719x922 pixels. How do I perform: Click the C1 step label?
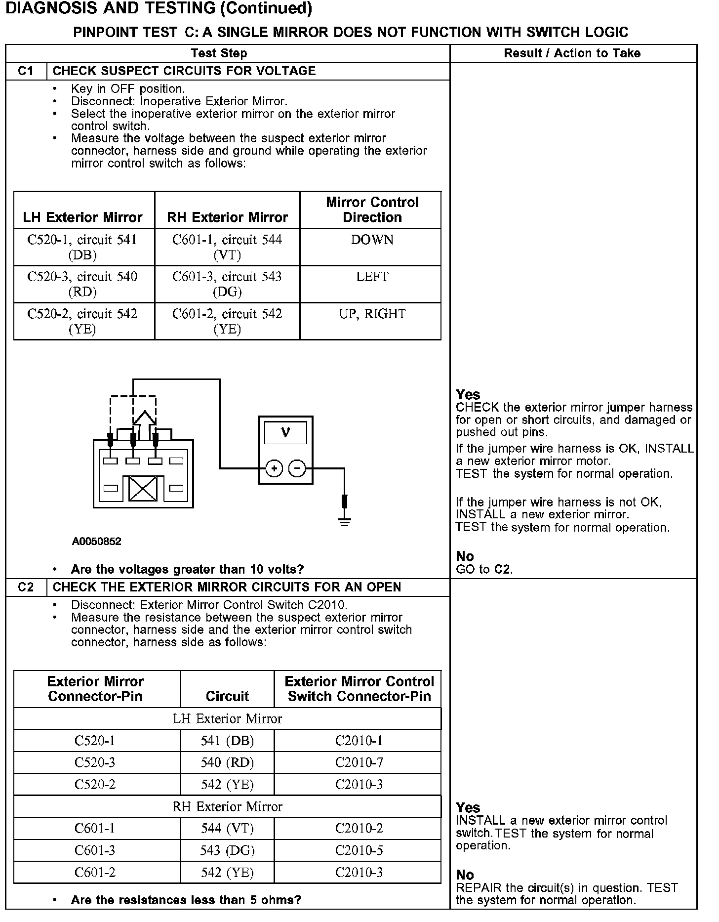click(x=26, y=71)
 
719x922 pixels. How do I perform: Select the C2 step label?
click(x=26, y=587)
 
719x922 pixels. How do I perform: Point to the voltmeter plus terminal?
click(x=274, y=468)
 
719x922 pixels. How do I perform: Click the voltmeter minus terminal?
click(x=297, y=468)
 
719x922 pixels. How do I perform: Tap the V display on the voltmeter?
click(x=285, y=433)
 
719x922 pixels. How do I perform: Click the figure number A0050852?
click(x=96, y=542)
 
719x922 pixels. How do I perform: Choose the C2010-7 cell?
click(x=359, y=762)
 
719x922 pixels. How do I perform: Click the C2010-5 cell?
click(x=359, y=850)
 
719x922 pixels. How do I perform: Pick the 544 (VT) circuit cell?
click(x=227, y=828)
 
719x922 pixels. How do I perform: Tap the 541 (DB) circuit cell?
click(x=227, y=741)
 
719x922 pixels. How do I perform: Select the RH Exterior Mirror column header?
click(x=227, y=217)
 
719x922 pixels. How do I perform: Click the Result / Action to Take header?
click(x=572, y=53)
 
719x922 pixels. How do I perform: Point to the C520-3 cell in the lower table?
click(x=95, y=762)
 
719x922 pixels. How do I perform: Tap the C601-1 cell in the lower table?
click(x=95, y=828)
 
